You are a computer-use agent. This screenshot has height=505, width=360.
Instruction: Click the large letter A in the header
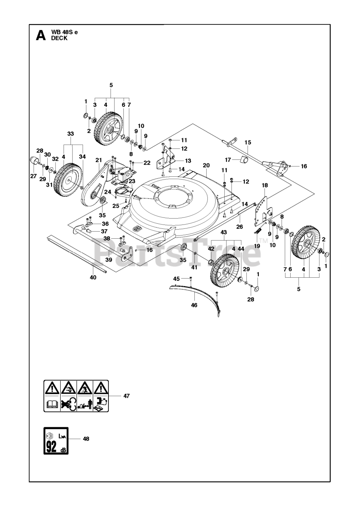tap(41, 36)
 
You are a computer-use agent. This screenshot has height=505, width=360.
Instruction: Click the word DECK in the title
tap(59, 38)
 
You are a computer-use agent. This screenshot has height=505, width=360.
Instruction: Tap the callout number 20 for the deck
tap(206, 165)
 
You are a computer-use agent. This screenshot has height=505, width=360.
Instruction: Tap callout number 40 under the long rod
tap(93, 277)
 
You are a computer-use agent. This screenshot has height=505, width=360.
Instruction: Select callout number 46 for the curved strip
tap(194, 305)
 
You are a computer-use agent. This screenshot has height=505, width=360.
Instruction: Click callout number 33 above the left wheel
tap(71, 134)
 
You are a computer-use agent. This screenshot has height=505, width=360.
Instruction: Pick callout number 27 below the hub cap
tap(34, 176)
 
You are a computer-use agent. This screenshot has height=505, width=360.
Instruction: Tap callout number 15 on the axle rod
tap(248, 142)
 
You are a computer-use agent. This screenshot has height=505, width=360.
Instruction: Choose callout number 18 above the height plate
tap(265, 185)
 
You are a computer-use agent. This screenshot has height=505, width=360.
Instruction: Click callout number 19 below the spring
tap(257, 246)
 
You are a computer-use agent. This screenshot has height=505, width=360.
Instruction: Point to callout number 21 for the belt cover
tap(99, 160)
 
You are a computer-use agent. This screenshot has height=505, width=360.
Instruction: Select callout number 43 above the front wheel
tap(224, 232)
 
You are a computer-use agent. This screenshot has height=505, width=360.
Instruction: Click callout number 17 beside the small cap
tap(228, 160)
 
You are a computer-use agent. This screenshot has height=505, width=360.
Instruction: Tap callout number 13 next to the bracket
tap(188, 161)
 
